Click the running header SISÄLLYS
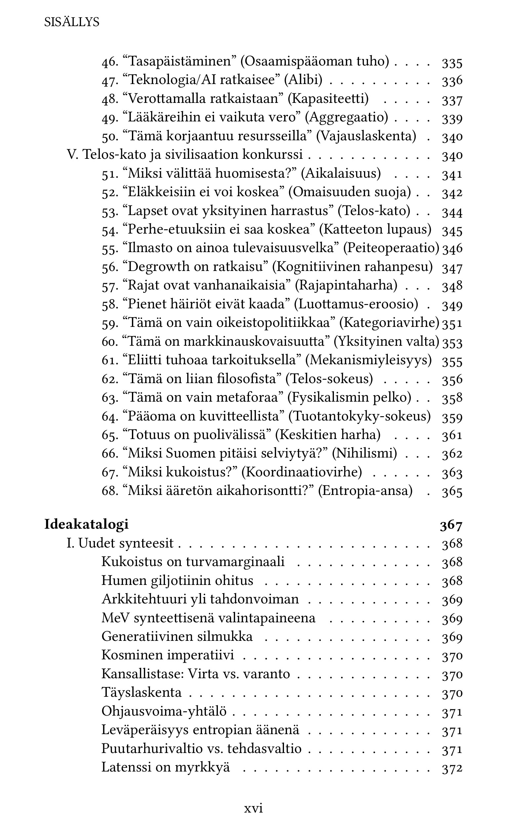pos(72,22)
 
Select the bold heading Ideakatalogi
pos(86,524)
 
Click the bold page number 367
pos(451,525)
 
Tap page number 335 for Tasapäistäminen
pos(452,63)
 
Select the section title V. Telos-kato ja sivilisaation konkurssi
pos(185,155)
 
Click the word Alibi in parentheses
pos(303,80)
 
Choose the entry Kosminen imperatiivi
pos(168,655)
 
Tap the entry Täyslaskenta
pos(142,692)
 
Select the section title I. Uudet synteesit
pos(120,543)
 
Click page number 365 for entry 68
pos(452,492)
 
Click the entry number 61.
pos(110,360)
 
